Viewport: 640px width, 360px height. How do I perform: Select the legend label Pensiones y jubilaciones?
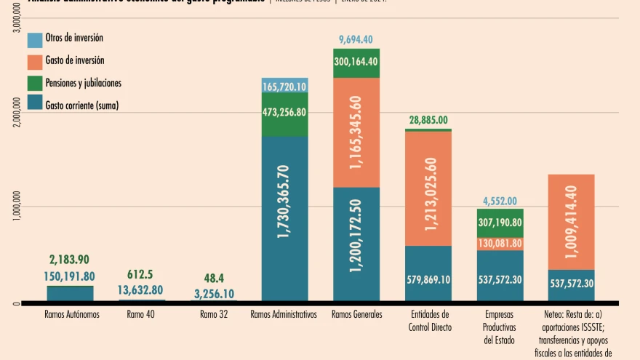click(83, 83)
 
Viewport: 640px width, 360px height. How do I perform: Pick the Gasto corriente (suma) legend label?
click(81, 105)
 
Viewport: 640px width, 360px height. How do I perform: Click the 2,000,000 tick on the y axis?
click(17, 113)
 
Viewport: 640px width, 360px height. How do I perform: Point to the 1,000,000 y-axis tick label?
click(17, 207)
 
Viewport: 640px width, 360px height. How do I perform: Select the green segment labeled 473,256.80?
click(284, 112)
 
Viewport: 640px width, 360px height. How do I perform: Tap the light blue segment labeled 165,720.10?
click(284, 87)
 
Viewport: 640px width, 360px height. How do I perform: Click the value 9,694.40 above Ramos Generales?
click(356, 39)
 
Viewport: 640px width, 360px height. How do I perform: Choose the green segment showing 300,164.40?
click(356, 62)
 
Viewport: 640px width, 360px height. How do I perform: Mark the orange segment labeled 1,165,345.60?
click(356, 132)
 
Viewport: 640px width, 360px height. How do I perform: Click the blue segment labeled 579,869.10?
click(428, 279)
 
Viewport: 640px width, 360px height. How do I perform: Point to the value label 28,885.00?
click(428, 120)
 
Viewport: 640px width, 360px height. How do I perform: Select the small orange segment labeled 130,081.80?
click(500, 244)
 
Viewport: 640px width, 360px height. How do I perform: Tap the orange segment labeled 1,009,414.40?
click(572, 222)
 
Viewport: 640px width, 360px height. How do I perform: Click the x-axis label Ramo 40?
click(140, 315)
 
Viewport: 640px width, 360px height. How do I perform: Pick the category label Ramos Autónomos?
click(71, 315)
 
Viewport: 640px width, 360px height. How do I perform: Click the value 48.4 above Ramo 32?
click(214, 278)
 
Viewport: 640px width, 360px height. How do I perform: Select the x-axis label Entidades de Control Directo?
click(429, 321)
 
